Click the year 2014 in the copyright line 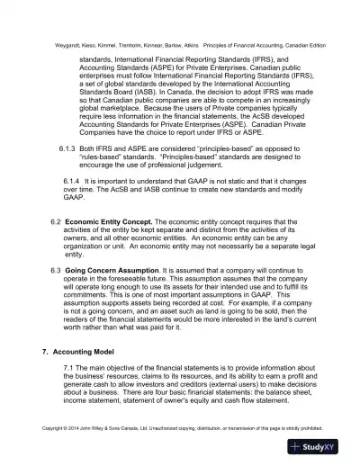[x=77, y=426]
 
